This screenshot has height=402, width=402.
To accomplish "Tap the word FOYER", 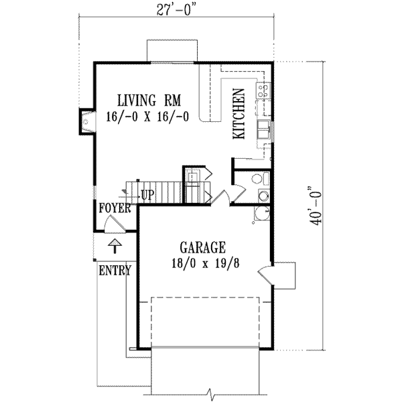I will point(114,208).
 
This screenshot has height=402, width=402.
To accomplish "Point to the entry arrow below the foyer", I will point(115,247).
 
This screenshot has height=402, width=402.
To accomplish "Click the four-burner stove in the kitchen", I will point(263,90).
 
